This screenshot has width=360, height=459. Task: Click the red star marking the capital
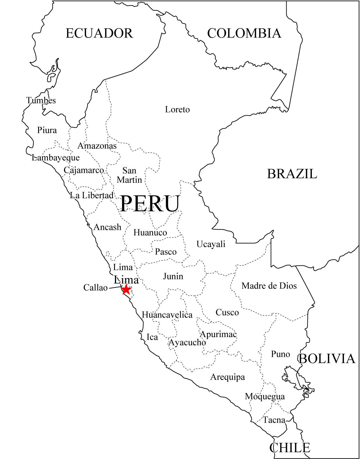click(x=126, y=289)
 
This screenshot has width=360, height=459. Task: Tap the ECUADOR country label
click(x=99, y=33)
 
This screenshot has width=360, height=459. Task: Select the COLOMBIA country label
click(x=244, y=33)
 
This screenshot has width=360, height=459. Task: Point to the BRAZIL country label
click(x=292, y=174)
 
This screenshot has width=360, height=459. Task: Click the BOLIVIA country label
click(x=327, y=359)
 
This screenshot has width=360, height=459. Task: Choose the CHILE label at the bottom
click(x=290, y=448)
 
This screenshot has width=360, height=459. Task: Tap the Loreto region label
click(x=177, y=110)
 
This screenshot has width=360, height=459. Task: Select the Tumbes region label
click(x=41, y=100)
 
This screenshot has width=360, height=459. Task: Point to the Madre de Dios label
click(x=269, y=286)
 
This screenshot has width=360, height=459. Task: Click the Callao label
click(x=95, y=287)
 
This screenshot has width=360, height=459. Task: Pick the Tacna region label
click(x=274, y=420)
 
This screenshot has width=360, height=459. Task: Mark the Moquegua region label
click(x=265, y=396)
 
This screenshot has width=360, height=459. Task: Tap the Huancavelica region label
click(x=167, y=315)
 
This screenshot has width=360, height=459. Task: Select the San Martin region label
click(x=129, y=175)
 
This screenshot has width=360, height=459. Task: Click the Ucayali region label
click(x=211, y=244)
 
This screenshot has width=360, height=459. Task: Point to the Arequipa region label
click(x=228, y=377)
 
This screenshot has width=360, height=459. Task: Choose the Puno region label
click(x=280, y=354)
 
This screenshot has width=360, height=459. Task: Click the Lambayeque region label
click(x=56, y=157)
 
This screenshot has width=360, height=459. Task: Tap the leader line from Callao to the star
click(x=115, y=287)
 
